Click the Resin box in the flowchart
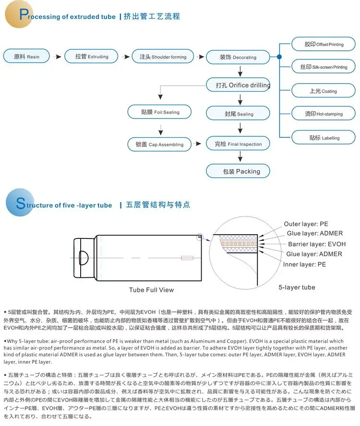pyautogui.click(x=27, y=57)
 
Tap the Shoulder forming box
pyautogui.click(x=162, y=57)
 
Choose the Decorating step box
pyautogui.click(x=238, y=57)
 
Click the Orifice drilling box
pyautogui.click(x=238, y=85)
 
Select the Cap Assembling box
pyautogui.click(x=158, y=144)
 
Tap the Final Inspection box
pyautogui.click(x=238, y=144)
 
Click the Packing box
pyautogui.click(x=238, y=171)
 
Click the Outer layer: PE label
pyautogui.click(x=306, y=224)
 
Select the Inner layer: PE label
pyautogui.click(x=304, y=264)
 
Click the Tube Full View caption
pyautogui.click(x=151, y=290)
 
